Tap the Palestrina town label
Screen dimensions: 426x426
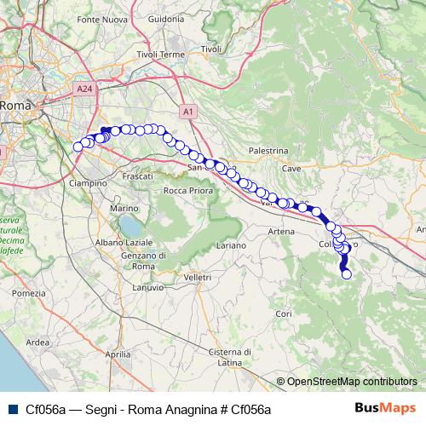pyautogui.click(x=268, y=150)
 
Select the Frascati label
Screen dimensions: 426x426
pyautogui.click(x=137, y=175)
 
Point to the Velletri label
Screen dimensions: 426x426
pyautogui.click(x=197, y=277)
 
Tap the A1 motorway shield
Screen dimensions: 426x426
pyautogui.click(x=187, y=111)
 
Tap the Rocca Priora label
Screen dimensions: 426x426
pyautogui.click(x=186, y=189)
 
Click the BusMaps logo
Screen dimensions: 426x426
pyautogui.click(x=386, y=409)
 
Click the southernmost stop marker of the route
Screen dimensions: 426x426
pyautogui.click(x=346, y=273)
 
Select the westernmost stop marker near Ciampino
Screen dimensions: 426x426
pyautogui.click(x=78, y=147)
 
